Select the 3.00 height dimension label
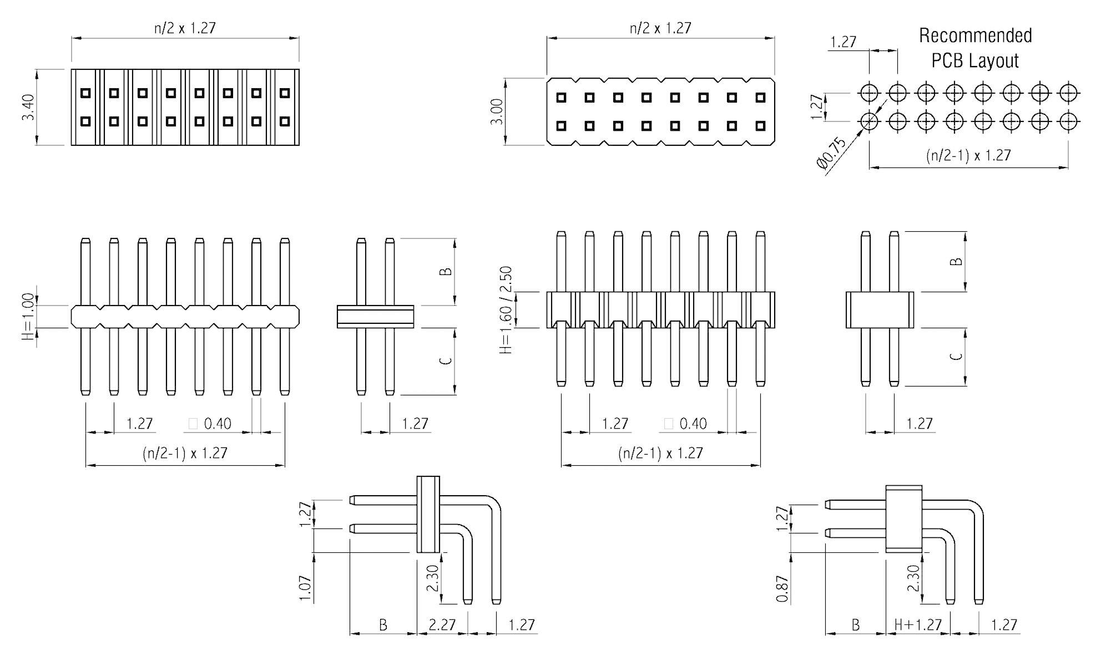click(497, 111)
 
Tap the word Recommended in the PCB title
click(975, 35)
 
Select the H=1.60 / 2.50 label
click(506, 311)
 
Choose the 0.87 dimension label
click(781, 589)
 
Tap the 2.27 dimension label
click(442, 625)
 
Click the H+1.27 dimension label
click(918, 625)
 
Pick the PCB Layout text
click(974, 60)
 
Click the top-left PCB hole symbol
click(869, 92)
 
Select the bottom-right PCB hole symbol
click(1069, 120)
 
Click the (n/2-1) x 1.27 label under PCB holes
click(968, 155)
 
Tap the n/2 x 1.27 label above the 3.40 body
click(185, 28)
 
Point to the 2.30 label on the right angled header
click(913, 578)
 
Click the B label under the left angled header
click(383, 626)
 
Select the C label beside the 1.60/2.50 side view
click(956, 356)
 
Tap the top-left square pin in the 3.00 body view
click(561, 98)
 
